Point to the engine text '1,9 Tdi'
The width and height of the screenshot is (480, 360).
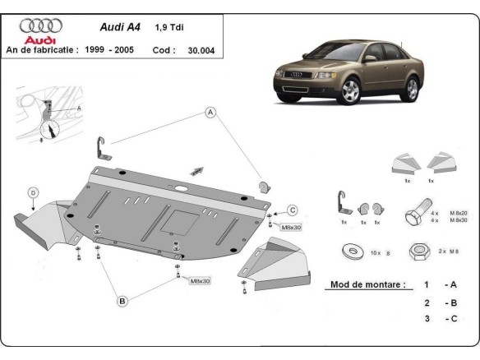[169, 26]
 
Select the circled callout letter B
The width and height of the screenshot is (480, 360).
[122, 301]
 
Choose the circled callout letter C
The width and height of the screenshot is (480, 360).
[292, 210]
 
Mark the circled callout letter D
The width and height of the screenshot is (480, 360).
[34, 192]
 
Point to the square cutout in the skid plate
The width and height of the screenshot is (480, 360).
[178, 219]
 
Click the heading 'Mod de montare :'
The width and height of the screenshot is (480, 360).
[367, 284]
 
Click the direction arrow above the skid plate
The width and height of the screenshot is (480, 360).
[197, 170]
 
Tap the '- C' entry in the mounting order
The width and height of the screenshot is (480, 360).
[450, 317]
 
